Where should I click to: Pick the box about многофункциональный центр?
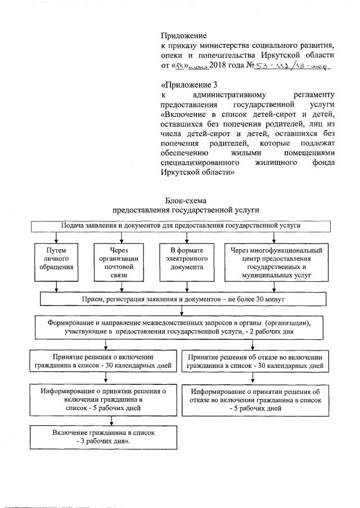[276, 262]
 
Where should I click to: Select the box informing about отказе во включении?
[255, 399]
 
